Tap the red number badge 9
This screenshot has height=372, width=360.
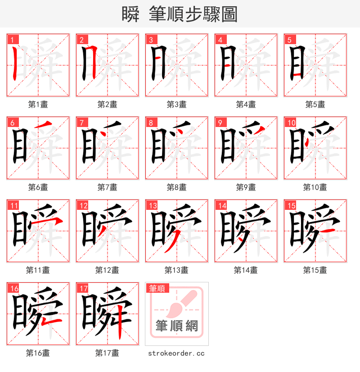point(220,122)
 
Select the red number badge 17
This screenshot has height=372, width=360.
point(82,288)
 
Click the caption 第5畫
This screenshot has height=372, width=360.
point(315,104)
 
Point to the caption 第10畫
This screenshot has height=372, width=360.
point(315,187)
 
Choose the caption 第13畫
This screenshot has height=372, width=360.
point(176,270)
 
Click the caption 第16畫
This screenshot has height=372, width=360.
point(38,353)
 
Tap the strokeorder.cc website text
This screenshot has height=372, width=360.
point(176,354)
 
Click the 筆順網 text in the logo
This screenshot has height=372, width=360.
point(176,326)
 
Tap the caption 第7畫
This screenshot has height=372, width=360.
point(107,187)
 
